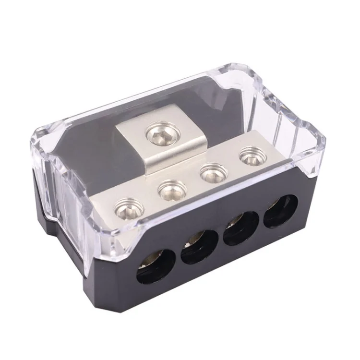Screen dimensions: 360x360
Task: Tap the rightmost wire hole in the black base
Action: coord(274,212)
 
